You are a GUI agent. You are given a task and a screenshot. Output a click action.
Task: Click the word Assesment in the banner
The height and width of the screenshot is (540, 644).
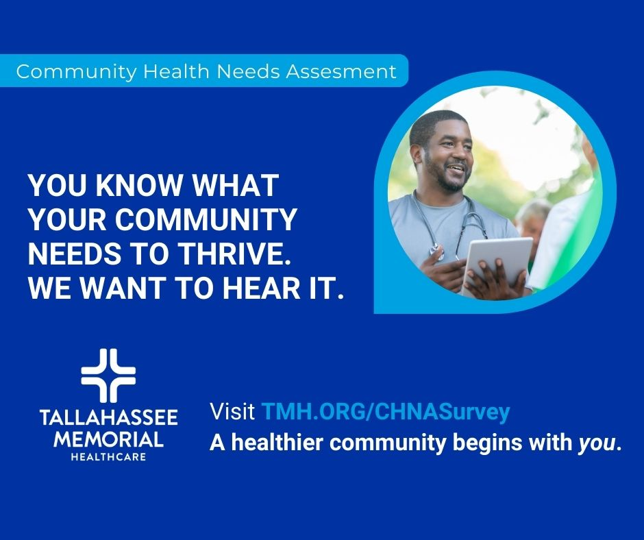(x=341, y=71)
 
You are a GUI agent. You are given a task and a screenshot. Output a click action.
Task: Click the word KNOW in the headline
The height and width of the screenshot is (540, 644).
(x=138, y=185)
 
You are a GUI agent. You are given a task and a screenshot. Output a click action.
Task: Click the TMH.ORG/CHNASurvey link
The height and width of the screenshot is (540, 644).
(x=385, y=412)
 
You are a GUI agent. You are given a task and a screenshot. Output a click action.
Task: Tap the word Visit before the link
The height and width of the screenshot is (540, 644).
(x=232, y=411)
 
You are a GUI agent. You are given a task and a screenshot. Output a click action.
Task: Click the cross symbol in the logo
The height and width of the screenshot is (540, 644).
(x=108, y=376)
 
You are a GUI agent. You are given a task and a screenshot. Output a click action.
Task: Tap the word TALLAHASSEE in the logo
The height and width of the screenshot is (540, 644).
(x=109, y=417)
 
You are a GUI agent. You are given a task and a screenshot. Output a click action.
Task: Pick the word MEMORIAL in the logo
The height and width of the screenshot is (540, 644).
(x=108, y=440)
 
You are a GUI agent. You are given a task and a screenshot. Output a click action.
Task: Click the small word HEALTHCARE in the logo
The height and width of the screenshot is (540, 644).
(x=108, y=457)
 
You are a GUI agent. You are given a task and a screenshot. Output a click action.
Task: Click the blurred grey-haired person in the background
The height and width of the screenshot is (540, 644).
(x=533, y=225)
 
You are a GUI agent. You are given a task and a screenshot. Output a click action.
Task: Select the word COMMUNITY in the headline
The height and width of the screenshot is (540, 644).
(x=205, y=219)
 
